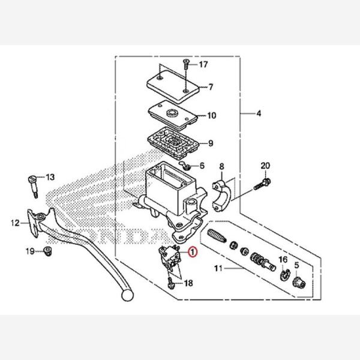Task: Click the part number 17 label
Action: pyautogui.click(x=203, y=64)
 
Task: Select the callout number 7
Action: pyautogui.click(x=211, y=88)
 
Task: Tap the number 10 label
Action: pyautogui.click(x=212, y=116)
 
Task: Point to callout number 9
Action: pyautogui.click(x=211, y=143)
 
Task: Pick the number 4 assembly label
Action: pyautogui.click(x=259, y=113)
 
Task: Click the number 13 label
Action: pyautogui.click(x=50, y=177)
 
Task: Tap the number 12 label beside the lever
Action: pyautogui.click(x=15, y=224)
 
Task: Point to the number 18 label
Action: pyautogui.click(x=188, y=283)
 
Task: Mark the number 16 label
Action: pyautogui.click(x=283, y=260)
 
